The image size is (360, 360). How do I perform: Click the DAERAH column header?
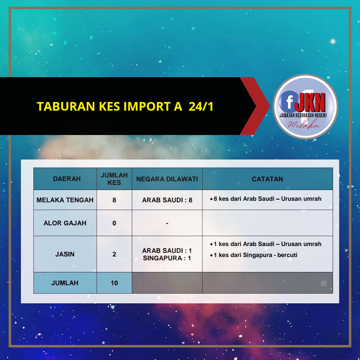click(x=67, y=178)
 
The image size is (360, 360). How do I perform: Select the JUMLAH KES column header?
click(x=114, y=179)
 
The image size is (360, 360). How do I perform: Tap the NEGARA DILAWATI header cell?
click(x=167, y=179)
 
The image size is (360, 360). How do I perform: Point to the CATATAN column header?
click(x=267, y=179)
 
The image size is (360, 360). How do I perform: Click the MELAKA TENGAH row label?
click(x=65, y=200)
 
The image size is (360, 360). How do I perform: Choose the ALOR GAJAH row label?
click(x=65, y=223)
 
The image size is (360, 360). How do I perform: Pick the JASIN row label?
click(x=65, y=254)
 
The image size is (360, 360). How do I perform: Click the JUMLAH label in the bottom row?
click(x=65, y=283)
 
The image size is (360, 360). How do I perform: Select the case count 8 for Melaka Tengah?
click(x=114, y=200)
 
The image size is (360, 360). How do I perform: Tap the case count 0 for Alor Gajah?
click(x=114, y=223)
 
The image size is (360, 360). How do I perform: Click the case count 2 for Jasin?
click(x=114, y=254)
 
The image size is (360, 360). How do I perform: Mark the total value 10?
click(x=114, y=283)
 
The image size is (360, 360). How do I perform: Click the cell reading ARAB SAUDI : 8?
click(x=167, y=200)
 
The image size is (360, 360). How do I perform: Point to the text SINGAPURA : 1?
click(x=167, y=258)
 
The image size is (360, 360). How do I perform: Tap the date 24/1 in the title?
click(x=201, y=106)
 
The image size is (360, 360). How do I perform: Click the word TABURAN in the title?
click(x=66, y=106)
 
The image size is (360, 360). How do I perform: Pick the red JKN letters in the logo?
click(x=310, y=102)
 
